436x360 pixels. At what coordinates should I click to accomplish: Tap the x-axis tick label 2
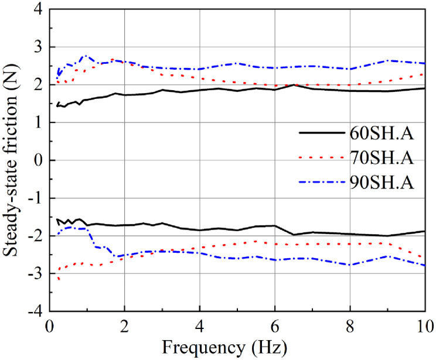pyautogui.click(x=124, y=325)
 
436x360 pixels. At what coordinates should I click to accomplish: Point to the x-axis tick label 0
pyautogui.click(x=50, y=325)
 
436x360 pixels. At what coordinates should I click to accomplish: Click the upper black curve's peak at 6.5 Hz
pyautogui.click(x=293, y=85)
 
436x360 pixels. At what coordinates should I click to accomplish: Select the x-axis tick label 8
pyautogui.click(x=349, y=325)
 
